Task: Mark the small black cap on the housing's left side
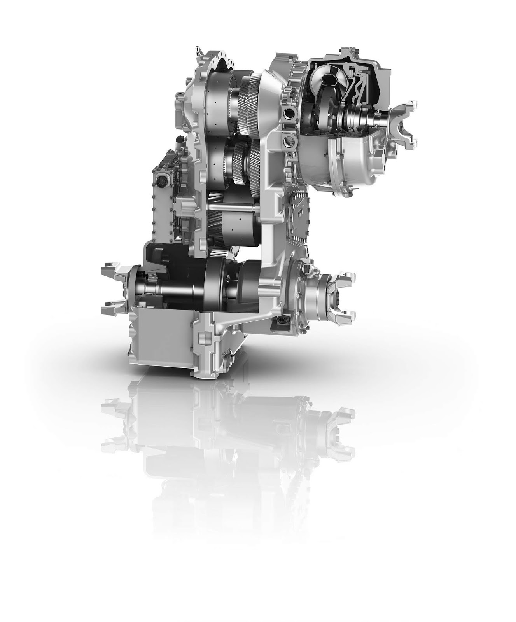180,140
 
